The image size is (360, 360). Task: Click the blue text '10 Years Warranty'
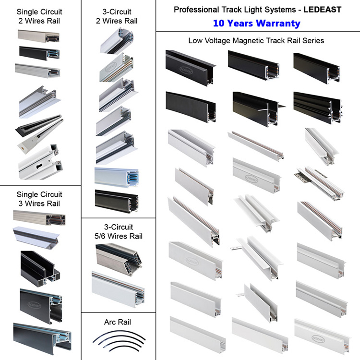click(x=256, y=24)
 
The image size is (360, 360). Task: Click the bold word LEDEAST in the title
click(x=323, y=10)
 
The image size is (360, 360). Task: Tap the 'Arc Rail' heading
click(x=117, y=322)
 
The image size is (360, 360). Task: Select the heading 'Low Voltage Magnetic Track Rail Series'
click(x=256, y=41)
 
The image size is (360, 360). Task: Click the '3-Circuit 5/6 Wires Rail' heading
click(x=119, y=231)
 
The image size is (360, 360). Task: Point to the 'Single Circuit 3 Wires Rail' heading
click(x=39, y=199)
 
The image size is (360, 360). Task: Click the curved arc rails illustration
click(x=119, y=341)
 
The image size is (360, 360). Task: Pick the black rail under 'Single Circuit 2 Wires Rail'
click(x=39, y=53)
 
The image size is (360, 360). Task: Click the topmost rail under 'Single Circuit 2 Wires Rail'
click(x=38, y=36)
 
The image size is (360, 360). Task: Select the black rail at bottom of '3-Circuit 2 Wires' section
click(x=117, y=201)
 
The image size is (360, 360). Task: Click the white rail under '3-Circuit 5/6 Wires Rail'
click(x=118, y=289)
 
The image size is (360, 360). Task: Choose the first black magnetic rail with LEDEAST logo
click(x=190, y=68)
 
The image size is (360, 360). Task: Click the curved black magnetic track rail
click(x=191, y=107)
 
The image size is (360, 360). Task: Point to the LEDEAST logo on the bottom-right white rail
click(x=318, y=339)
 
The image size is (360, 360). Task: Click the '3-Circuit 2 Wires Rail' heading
click(x=117, y=16)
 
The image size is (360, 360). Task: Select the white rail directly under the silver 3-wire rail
click(x=36, y=238)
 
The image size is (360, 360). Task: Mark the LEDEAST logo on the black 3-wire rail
click(x=35, y=305)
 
